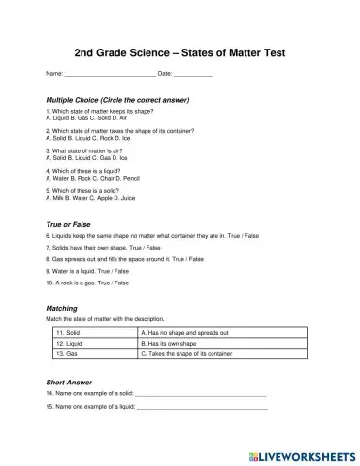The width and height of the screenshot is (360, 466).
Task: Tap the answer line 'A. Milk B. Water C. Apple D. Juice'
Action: click(91, 199)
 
